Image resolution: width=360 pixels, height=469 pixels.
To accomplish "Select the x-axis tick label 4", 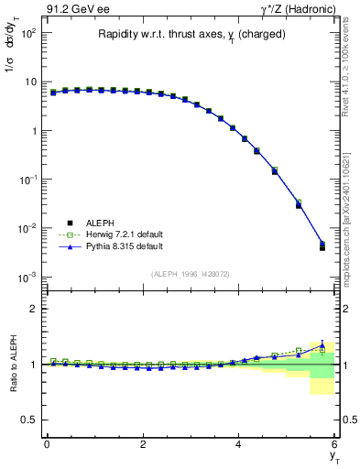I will pos(238,444).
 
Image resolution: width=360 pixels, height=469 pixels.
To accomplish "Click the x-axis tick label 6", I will pos(334,444).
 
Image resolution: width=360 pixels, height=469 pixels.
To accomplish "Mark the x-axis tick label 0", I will pos(47,444).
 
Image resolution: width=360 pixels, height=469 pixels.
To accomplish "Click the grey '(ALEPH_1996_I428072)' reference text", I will pos(190,273).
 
